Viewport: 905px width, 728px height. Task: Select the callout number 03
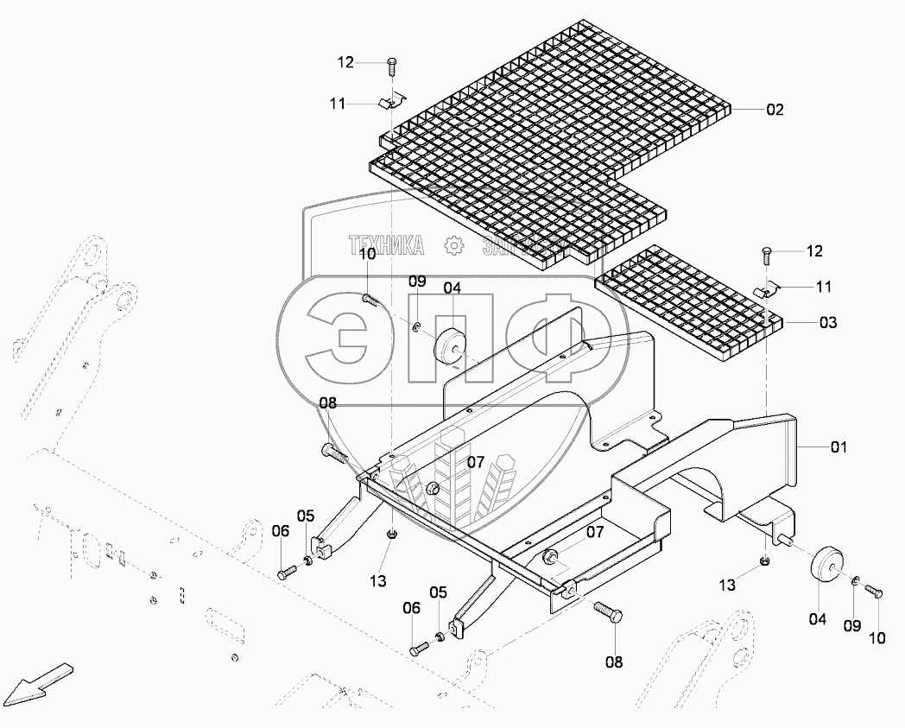[x=827, y=322]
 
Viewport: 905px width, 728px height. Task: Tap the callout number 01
[x=839, y=447]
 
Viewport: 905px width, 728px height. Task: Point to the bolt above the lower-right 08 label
[x=605, y=612]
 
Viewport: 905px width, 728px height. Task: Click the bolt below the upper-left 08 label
[x=335, y=453]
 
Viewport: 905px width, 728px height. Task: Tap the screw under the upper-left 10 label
[x=370, y=300]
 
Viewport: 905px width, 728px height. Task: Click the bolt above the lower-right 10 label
[x=874, y=592]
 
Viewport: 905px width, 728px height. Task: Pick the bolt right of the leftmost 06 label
[x=287, y=572]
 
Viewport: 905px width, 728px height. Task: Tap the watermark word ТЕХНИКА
[x=386, y=246]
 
